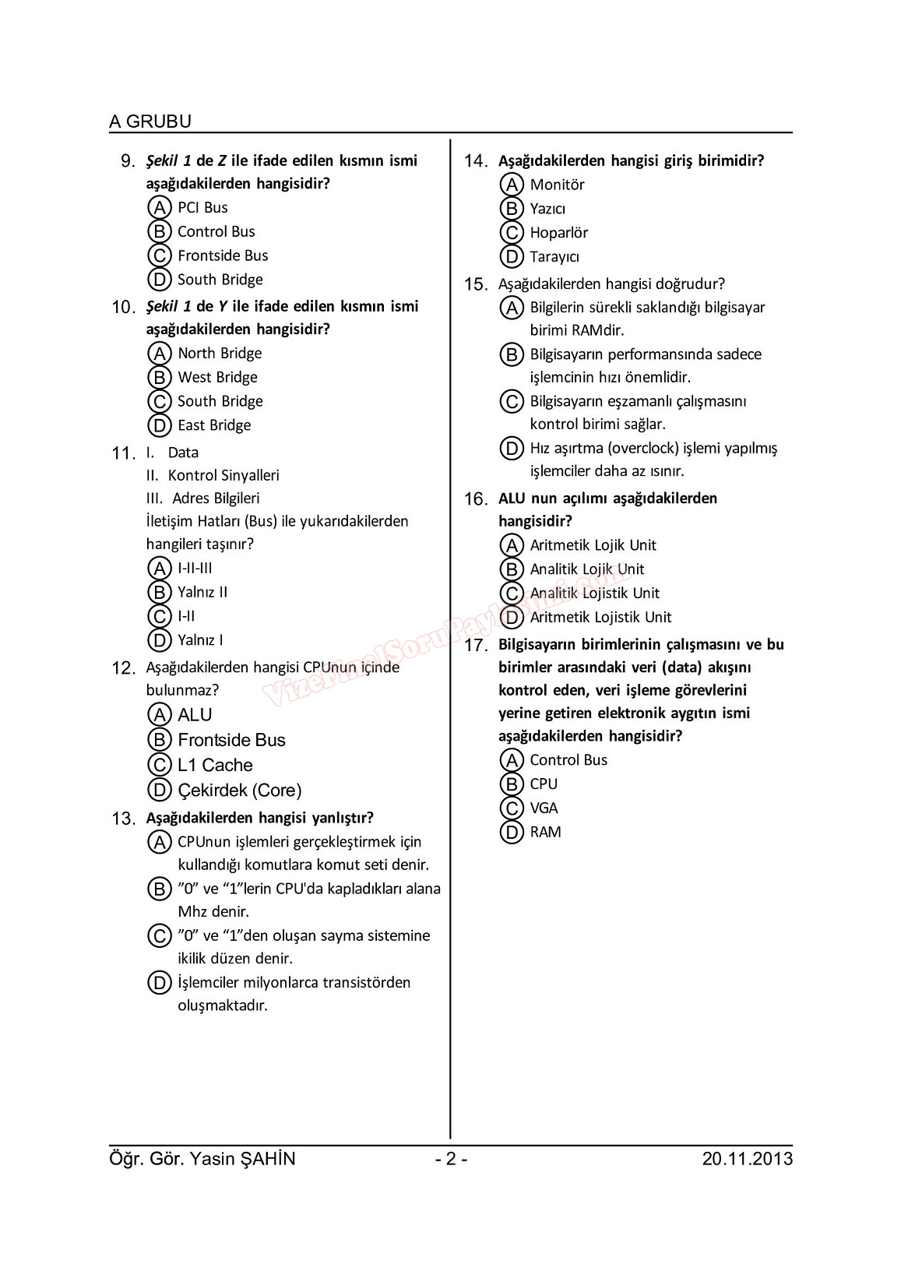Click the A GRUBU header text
click(150, 122)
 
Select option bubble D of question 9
click(159, 280)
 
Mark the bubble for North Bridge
click(159, 354)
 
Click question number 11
click(124, 454)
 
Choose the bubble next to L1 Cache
click(159, 765)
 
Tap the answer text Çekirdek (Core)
click(239, 791)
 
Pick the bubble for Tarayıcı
click(512, 256)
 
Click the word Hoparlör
click(558, 233)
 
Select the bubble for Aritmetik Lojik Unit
click(512, 545)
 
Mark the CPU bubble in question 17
click(512, 784)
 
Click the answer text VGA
click(544, 808)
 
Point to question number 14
click(476, 162)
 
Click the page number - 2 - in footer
click(451, 1159)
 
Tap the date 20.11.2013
click(747, 1159)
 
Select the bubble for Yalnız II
click(159, 593)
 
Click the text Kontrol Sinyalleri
click(223, 475)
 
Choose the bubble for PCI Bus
click(159, 208)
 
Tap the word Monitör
click(557, 185)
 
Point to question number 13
click(124, 819)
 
